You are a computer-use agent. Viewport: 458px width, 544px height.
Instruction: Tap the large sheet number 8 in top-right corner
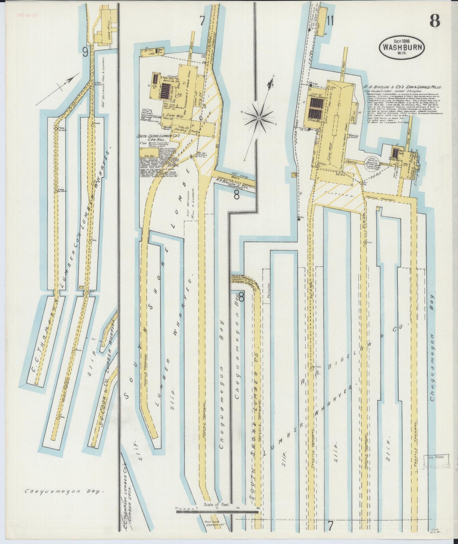point(435,21)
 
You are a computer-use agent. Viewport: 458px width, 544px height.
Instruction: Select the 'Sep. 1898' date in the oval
point(401,41)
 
